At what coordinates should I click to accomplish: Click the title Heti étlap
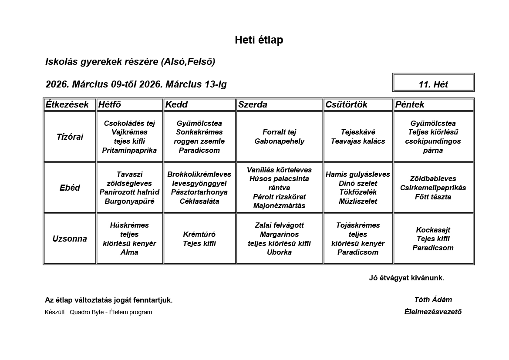259,40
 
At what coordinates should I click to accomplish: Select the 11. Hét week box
433,84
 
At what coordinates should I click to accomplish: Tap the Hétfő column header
110,104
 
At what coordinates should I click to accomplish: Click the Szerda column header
253,104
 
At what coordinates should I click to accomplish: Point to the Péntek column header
410,104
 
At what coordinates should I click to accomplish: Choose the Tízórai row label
70,137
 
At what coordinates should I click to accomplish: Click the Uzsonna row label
70,239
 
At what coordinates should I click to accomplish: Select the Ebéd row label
70,188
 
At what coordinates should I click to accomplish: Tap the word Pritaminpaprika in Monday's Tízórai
129,150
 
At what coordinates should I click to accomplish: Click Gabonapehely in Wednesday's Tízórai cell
280,141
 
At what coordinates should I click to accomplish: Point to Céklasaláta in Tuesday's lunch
199,201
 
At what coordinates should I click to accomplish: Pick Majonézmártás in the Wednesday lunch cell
280,205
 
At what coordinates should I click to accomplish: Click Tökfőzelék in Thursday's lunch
358,192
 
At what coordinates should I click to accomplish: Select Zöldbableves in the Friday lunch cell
433,178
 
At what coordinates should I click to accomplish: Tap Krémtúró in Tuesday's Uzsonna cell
199,234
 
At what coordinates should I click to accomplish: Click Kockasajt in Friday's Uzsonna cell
433,230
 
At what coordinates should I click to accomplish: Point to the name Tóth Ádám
433,299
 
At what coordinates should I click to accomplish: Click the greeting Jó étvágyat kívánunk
406,278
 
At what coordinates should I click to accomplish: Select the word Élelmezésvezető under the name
433,312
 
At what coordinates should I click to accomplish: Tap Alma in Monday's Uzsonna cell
129,252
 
